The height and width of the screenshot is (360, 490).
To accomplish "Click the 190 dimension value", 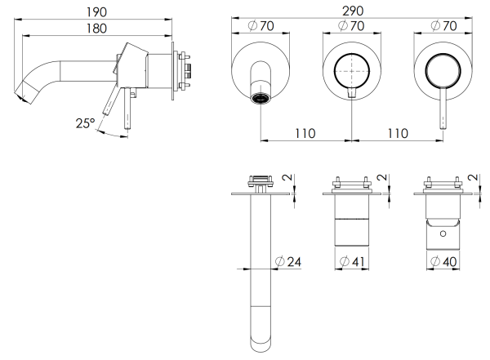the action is point(96,12).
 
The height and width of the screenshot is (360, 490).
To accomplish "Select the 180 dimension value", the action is point(96,29).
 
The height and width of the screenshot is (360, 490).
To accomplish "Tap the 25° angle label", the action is point(85,123).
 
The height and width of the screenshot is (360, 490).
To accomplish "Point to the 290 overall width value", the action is point(353,11).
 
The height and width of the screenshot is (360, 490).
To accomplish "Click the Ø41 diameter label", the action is point(352,261).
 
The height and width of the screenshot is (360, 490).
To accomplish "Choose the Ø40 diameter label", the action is point(443,261).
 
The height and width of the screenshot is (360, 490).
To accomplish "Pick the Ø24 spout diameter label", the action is point(288,261).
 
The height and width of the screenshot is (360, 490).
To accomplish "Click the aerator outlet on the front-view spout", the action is point(261,99).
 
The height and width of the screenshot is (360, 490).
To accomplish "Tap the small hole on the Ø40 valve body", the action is point(443,233).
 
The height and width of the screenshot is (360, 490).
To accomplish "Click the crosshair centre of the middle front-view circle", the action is point(352,71).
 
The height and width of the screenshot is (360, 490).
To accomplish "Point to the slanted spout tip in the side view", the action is point(27,91).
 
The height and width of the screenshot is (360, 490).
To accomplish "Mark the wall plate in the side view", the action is point(173,71).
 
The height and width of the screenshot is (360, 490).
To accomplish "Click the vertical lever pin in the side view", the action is point(127,108).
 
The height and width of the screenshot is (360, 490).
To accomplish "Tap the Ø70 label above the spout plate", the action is point(261,25).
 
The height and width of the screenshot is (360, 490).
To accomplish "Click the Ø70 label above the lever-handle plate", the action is point(443,25).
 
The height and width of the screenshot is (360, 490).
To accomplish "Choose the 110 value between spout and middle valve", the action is point(305,133).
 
